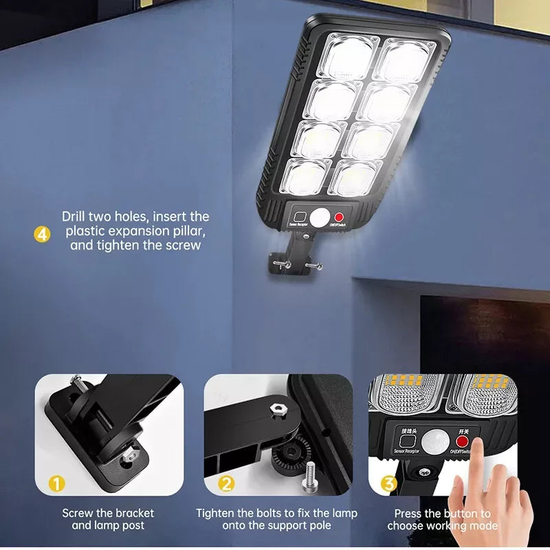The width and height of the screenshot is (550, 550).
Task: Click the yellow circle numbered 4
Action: point(42,234)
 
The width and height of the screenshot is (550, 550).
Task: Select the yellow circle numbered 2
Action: point(226,484)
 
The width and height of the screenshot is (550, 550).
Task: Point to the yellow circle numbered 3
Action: point(389,484)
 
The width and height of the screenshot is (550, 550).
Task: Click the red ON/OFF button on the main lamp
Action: point(339,218)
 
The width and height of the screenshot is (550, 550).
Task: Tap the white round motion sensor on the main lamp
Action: point(320,218)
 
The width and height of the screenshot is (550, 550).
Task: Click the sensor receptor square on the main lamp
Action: point(300,215)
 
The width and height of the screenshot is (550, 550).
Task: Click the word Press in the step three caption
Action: point(409,513)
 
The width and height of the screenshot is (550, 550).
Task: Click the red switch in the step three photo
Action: point(462,441)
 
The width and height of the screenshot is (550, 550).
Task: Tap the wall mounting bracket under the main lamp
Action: point(295,258)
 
